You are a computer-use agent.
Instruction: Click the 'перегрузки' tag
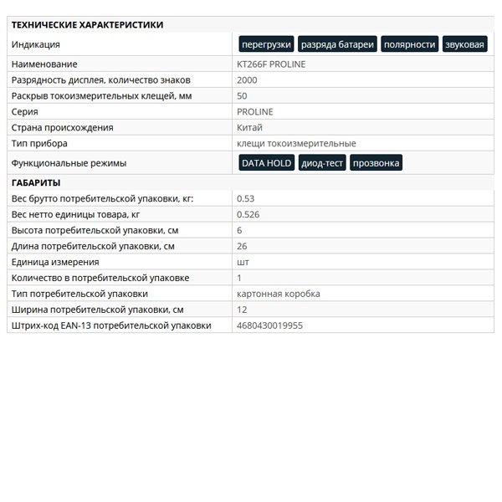[x=266, y=44]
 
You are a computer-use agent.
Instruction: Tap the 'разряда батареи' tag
[x=337, y=44]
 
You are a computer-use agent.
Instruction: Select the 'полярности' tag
[x=409, y=44]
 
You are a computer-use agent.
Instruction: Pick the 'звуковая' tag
[x=464, y=44]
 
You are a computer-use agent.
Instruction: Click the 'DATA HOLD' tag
[x=266, y=163]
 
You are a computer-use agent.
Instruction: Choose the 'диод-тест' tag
[x=322, y=163]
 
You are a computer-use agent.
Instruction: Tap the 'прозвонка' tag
[x=376, y=163]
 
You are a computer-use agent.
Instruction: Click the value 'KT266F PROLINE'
[x=271, y=64]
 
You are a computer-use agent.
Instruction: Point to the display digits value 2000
[x=247, y=80]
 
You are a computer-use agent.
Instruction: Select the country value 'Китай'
[x=249, y=128]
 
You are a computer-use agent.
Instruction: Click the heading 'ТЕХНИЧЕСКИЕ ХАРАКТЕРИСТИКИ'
[x=87, y=25]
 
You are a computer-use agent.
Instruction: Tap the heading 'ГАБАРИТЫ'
[x=35, y=182]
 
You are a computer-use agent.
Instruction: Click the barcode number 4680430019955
[x=269, y=325]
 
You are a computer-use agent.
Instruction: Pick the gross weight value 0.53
[x=245, y=198]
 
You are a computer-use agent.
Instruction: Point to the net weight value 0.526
[x=248, y=214]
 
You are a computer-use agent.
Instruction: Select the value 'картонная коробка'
[x=279, y=294]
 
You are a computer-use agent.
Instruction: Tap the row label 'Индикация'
[x=35, y=44]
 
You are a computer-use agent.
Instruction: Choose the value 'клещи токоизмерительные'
[x=296, y=144]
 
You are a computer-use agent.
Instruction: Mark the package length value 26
[x=242, y=246]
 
